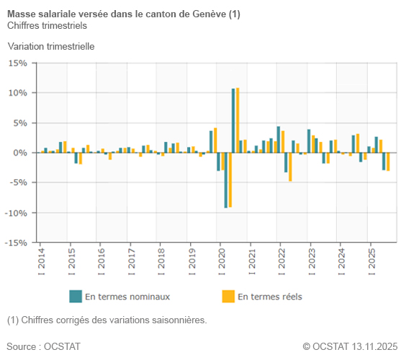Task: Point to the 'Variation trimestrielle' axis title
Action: coord(51,46)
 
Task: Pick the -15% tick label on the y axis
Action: coord(16,243)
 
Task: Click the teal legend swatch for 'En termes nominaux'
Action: coord(75,296)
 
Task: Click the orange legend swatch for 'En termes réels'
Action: coord(228,296)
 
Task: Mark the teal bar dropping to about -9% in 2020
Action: coord(226,180)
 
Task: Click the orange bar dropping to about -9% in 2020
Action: coord(230,180)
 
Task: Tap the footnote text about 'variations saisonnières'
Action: coord(107,320)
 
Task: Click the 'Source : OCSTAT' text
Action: coord(43,346)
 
